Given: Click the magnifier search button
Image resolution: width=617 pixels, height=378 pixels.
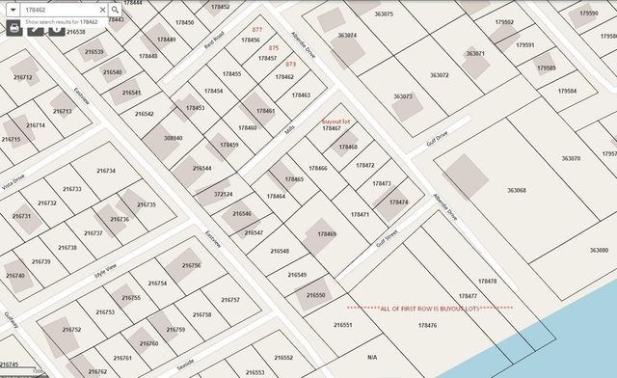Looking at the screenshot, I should coord(114,10).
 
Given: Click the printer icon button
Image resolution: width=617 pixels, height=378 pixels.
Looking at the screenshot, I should coord(13,28).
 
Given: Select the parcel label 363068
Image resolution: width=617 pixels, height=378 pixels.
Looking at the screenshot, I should coord(516,190).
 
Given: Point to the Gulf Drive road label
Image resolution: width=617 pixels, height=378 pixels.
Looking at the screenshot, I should coord(438,141).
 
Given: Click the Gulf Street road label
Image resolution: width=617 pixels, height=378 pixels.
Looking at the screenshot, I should coord(388,238).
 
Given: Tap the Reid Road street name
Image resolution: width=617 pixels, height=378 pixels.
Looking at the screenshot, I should coord(213,41).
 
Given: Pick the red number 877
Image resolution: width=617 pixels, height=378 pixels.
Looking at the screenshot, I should coord(256,30).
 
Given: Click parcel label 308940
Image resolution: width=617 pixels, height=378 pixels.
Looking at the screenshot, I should coord(173,138).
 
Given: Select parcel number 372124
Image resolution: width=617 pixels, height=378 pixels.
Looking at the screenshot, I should coord(223,194).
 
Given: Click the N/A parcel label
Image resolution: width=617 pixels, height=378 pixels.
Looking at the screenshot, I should coord(372,358).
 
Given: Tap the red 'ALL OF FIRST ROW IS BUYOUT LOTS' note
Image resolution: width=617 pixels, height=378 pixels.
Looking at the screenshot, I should coord(429,308).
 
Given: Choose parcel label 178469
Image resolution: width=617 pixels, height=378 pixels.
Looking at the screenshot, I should coord(327,234).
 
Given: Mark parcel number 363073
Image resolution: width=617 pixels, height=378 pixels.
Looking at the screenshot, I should coord(403,96).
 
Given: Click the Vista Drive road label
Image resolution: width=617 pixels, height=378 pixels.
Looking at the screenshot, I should coord(13,184).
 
